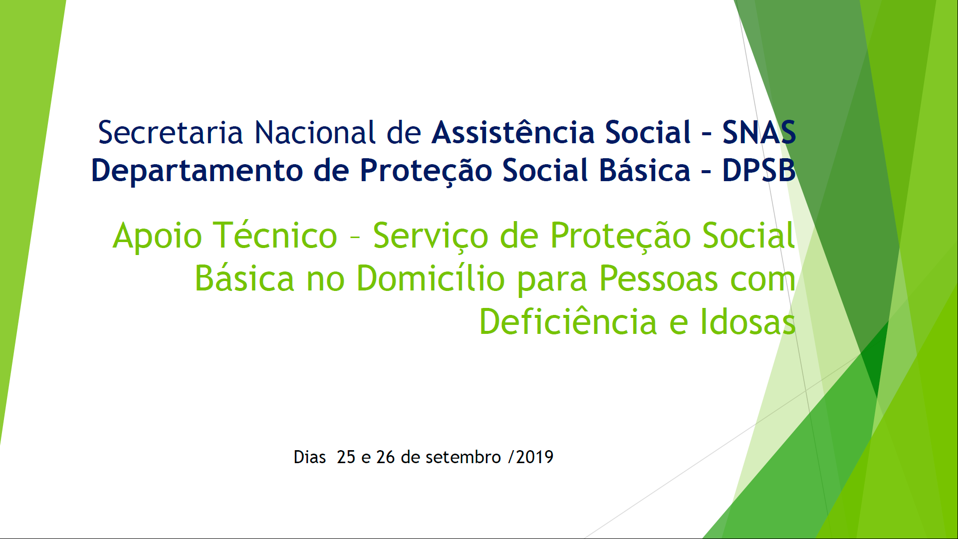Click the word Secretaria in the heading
click(170, 133)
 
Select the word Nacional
click(315, 133)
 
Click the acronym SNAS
click(759, 133)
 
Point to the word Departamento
click(197, 171)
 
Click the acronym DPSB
click(759, 171)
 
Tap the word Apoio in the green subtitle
click(157, 237)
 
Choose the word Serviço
click(431, 237)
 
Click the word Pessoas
click(659, 278)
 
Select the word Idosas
click(748, 321)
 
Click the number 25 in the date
click(346, 457)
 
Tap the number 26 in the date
click(385, 457)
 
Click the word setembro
click(463, 457)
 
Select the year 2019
click(535, 457)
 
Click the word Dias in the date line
click(309, 457)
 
